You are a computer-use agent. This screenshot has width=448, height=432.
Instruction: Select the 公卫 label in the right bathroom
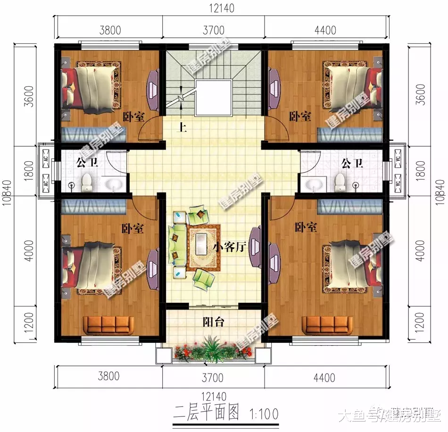[x=352, y=164]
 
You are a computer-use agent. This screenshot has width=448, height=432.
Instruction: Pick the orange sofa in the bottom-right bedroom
[x=327, y=324]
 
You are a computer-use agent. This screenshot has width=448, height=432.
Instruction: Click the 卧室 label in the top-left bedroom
[x=134, y=116]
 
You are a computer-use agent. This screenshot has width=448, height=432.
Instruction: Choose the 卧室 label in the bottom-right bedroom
[x=306, y=228]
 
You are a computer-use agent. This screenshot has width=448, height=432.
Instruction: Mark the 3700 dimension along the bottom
[x=213, y=377]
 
